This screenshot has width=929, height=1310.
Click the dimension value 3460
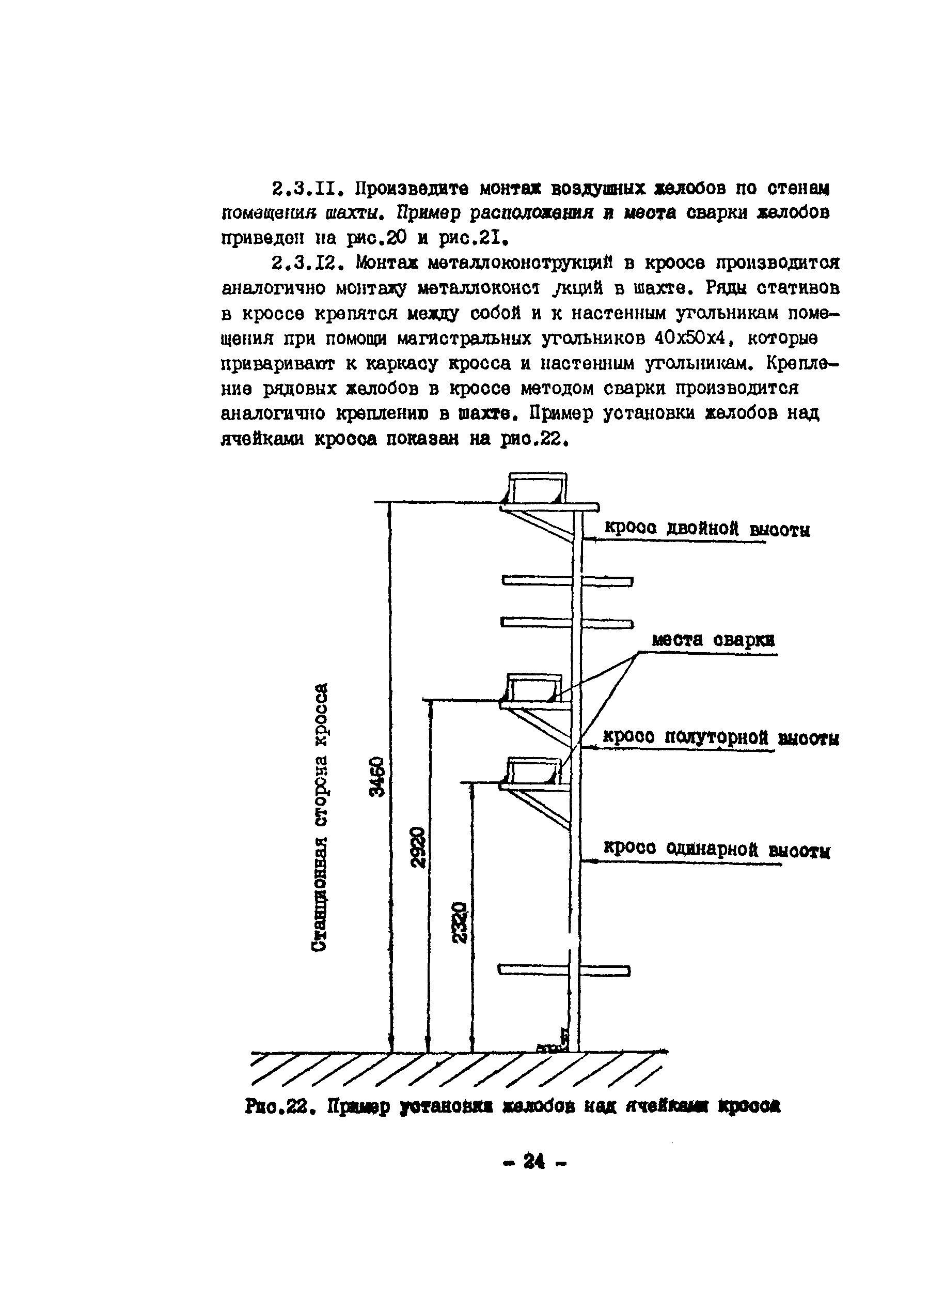pos(377,777)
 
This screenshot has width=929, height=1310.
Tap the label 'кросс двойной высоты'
pos(707,529)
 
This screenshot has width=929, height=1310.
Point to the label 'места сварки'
pos(713,640)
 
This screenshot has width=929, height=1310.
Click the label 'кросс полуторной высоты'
pos(721,738)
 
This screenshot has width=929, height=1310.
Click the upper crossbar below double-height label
pos(566,581)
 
